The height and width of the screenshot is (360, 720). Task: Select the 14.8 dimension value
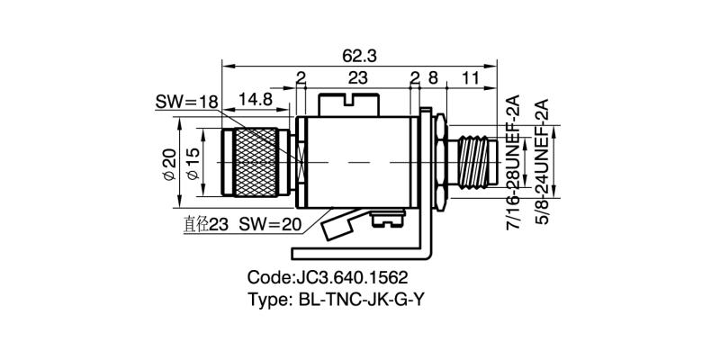pyautogui.click(x=256, y=98)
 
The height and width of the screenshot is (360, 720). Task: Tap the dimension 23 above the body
pyautogui.click(x=358, y=78)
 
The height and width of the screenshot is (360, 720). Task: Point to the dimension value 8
pyautogui.click(x=433, y=78)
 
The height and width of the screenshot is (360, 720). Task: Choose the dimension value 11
pyautogui.click(x=469, y=78)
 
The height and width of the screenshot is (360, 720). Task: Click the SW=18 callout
pyautogui.click(x=186, y=103)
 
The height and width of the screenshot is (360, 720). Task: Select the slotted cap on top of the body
pyautogui.click(x=346, y=102)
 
